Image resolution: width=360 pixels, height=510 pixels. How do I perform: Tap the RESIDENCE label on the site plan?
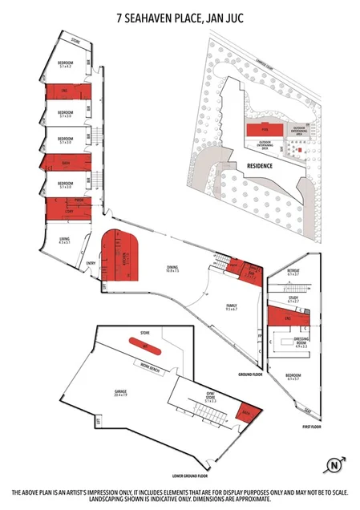pyautogui.click(x=261, y=166)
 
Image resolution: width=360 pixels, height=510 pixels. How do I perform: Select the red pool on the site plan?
pyautogui.click(x=264, y=129)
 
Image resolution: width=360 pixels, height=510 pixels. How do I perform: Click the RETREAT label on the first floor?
pyautogui.click(x=294, y=272)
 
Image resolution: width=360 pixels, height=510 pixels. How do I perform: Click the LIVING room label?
pyautogui.click(x=65, y=240)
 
